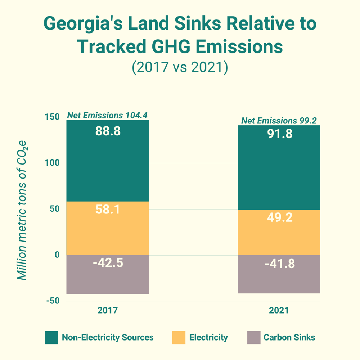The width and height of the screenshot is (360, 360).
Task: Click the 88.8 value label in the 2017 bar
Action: pos(108,131)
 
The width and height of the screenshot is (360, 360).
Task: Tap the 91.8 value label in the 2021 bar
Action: pos(279,134)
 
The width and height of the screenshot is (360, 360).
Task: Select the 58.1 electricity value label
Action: pos(108,210)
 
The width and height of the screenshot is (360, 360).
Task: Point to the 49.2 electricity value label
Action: pos(279,217)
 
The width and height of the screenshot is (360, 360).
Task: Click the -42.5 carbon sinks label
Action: pos(108,263)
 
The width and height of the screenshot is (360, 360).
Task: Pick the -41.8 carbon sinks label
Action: pos(279,264)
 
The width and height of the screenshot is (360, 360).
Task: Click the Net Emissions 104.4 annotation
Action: pos(107,116)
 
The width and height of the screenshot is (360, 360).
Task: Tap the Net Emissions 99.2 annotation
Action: pos(279,121)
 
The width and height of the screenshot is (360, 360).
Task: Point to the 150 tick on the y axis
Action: pos(51,117)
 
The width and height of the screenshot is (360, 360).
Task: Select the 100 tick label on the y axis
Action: pos(51,163)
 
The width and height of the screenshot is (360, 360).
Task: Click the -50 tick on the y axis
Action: pos(52,301)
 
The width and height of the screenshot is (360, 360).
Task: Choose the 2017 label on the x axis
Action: pos(108,310)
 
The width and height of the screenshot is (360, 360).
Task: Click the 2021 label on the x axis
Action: pos(279,310)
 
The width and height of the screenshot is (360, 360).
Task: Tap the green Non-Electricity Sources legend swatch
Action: pos(51,338)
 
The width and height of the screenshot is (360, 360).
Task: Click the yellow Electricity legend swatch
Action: pos(179,338)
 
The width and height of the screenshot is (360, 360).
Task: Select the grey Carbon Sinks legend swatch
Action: pos(253,338)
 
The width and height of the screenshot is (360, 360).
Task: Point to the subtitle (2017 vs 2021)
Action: pos(180,67)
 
